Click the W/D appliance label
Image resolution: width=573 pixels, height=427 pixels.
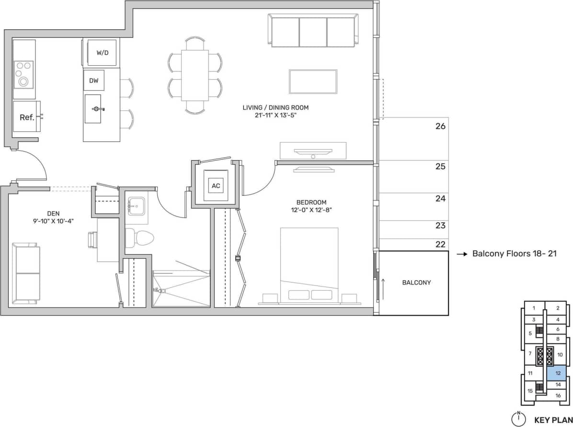click(x=103, y=53)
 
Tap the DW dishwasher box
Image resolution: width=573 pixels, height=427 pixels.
click(x=94, y=81)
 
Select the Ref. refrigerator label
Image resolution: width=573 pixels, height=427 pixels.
click(x=27, y=117)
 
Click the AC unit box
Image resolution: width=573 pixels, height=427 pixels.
click(x=216, y=186)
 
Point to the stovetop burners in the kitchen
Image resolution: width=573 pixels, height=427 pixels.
click(x=23, y=74)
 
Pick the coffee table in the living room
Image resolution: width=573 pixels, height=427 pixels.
click(x=312, y=82)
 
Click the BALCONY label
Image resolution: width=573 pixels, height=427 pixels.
click(x=416, y=283)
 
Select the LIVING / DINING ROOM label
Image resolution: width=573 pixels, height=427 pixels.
click(x=275, y=107)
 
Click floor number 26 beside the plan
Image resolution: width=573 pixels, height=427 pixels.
click(x=440, y=127)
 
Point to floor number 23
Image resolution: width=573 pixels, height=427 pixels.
click(x=440, y=225)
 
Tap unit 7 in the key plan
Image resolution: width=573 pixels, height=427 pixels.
click(x=530, y=354)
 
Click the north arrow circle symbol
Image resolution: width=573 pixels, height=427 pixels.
click(x=518, y=419)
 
